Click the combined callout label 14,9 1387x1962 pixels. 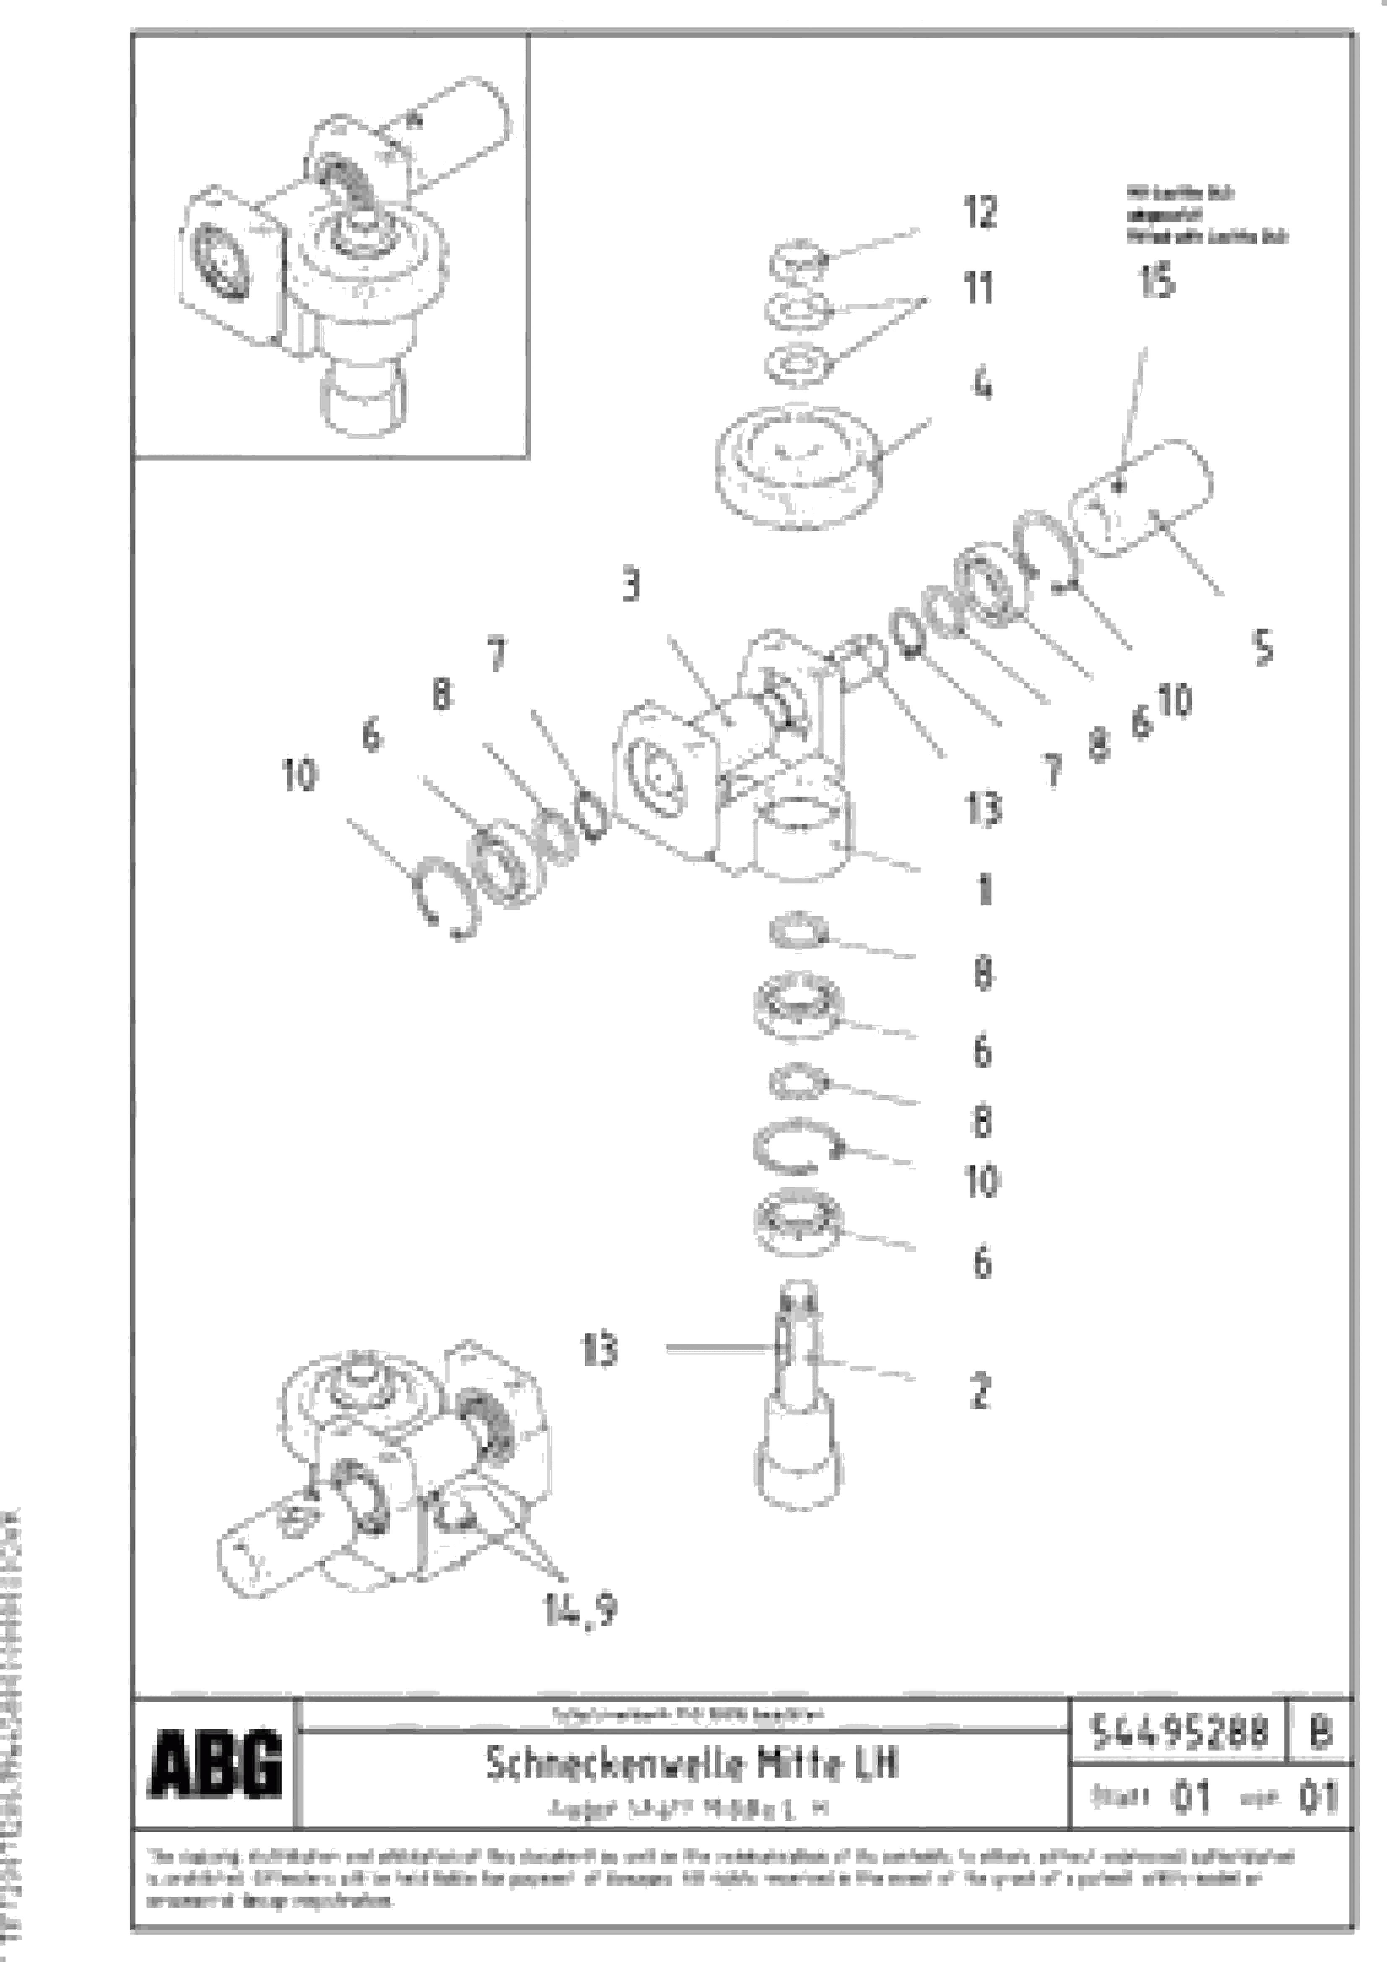(x=579, y=1611)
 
